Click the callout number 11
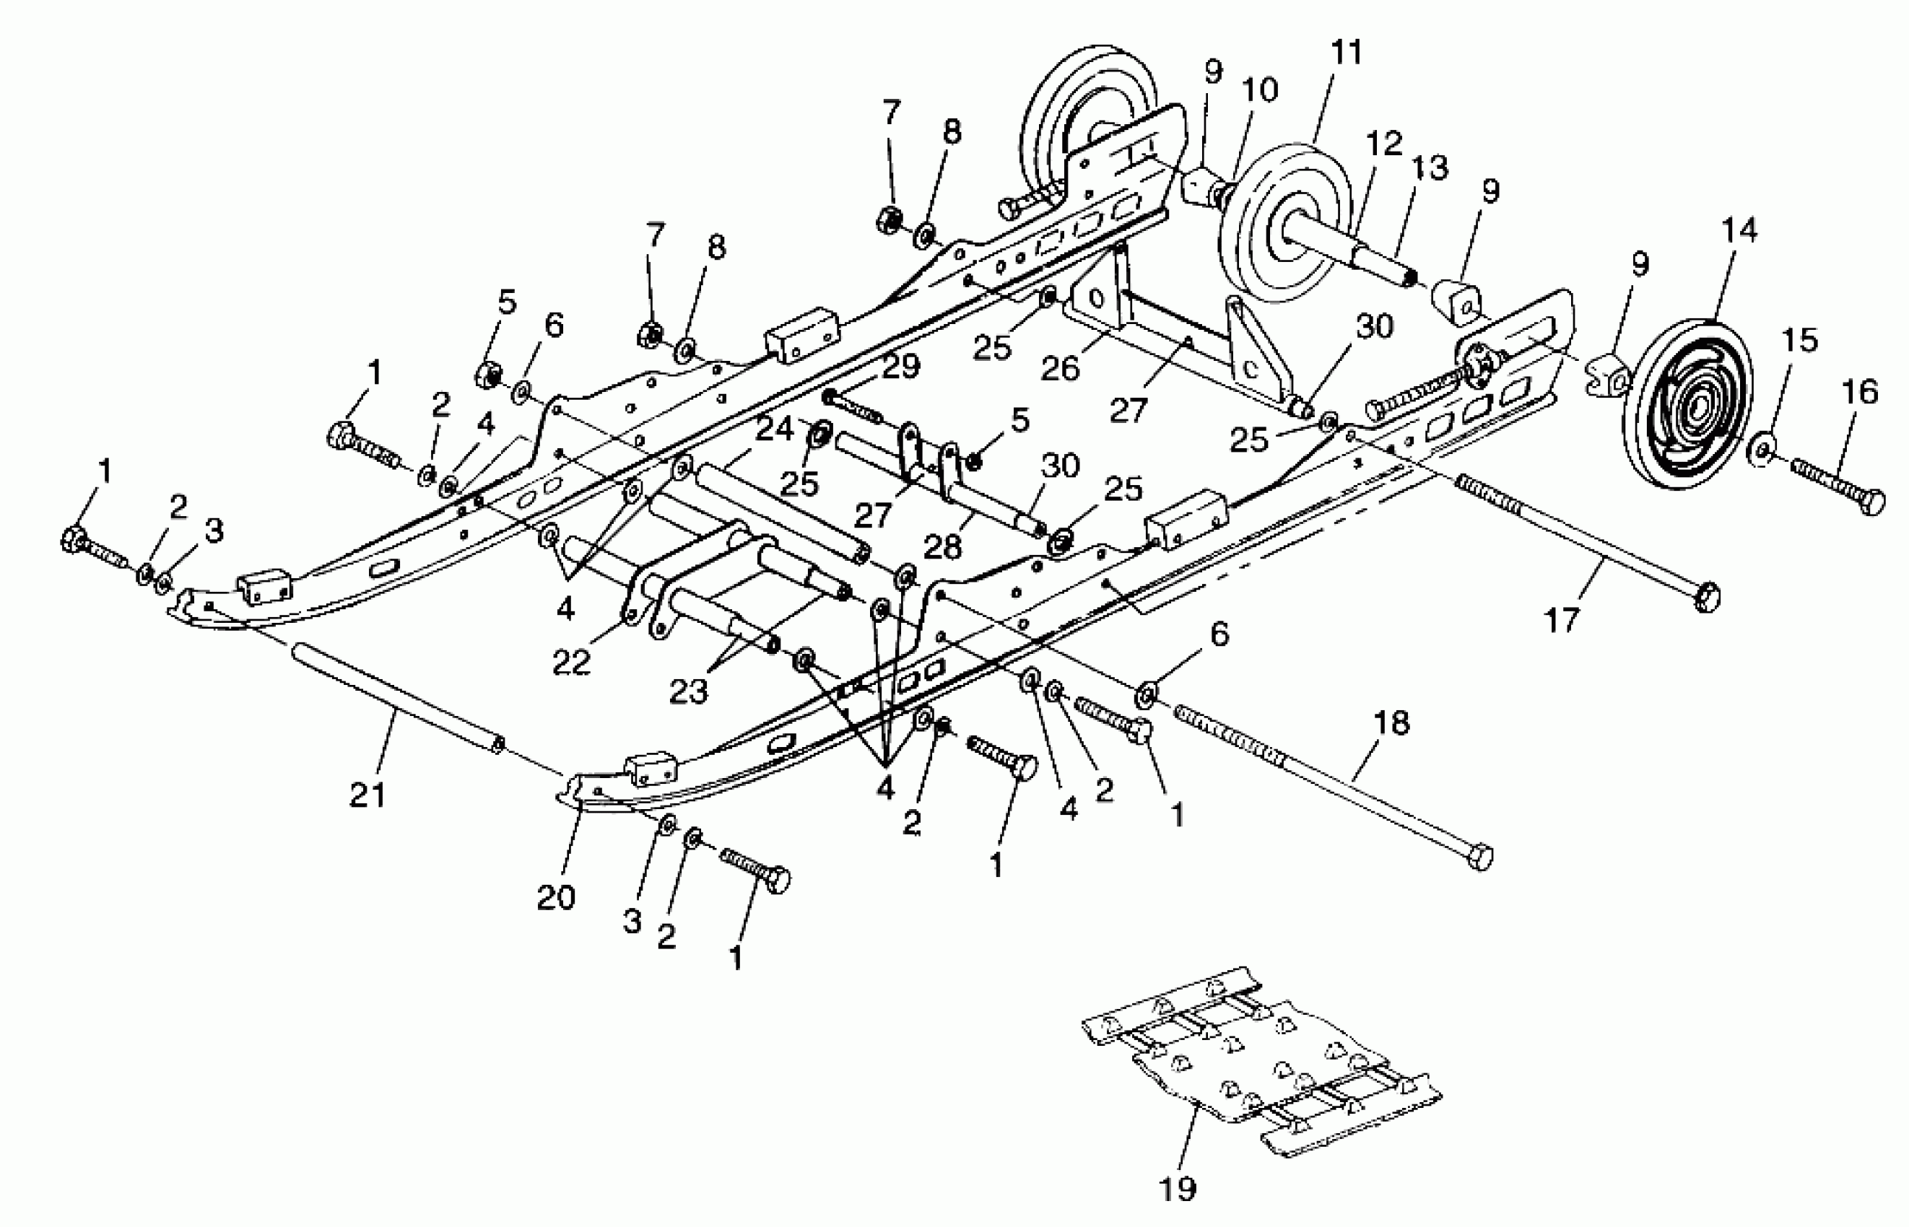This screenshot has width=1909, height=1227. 1347,53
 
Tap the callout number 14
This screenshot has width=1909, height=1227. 1738,231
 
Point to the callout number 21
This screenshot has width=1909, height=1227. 368,795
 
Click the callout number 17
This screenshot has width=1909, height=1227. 1562,620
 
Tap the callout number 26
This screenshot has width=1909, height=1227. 1060,368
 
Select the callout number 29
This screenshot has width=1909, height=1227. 900,367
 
